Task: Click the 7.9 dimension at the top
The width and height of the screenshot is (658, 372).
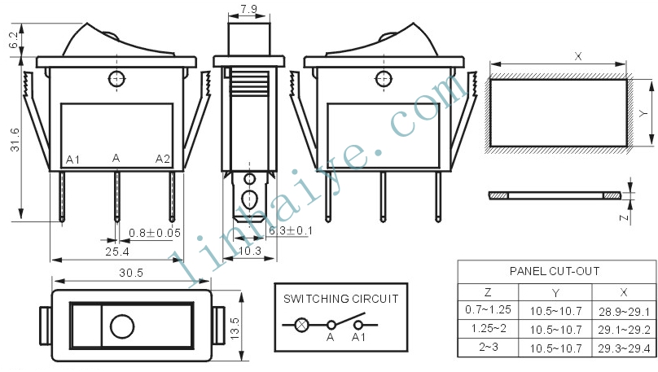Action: point(248,9)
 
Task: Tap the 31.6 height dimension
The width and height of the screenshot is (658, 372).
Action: point(15,140)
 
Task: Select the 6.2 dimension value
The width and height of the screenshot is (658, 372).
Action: point(13,40)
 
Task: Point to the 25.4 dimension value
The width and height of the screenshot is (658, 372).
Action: point(117,252)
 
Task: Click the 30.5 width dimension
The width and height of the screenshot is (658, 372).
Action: point(131,273)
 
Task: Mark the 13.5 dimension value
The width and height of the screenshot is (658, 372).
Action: point(235,328)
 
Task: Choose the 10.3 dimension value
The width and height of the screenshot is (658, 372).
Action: point(250,251)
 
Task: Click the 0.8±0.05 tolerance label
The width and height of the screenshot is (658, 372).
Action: point(155,233)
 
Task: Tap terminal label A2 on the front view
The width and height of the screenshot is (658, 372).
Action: point(163,159)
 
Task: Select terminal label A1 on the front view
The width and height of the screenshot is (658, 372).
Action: point(73,160)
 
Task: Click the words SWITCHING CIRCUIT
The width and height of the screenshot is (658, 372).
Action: point(340,299)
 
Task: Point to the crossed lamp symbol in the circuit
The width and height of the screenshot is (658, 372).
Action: point(302,325)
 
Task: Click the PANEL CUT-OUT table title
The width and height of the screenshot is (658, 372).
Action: point(555,271)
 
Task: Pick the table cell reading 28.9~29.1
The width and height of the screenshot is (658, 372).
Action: point(624,312)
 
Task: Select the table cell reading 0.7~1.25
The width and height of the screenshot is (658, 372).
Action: point(488,309)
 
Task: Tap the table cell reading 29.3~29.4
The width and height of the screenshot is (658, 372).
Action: point(624,348)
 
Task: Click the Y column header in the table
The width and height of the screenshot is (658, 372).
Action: point(555,293)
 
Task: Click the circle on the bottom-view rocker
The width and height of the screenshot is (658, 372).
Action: point(122,326)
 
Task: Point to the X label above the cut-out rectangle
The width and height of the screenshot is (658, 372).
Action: point(578,56)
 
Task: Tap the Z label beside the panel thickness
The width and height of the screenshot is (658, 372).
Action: point(625,217)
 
